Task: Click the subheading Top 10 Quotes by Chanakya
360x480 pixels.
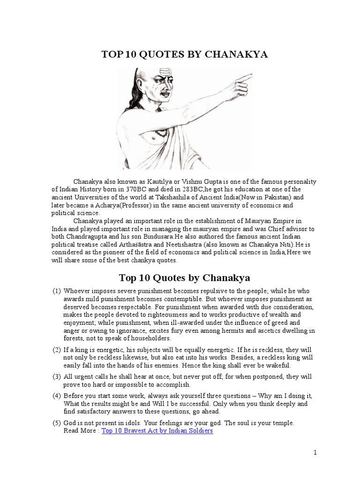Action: (184, 277)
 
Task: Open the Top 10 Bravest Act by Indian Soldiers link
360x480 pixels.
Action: (157, 430)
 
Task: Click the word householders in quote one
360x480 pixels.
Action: (150, 338)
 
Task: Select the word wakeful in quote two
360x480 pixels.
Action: (278, 365)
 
